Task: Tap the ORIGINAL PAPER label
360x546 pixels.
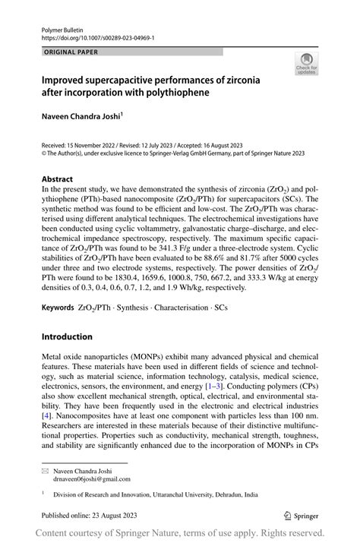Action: pos(71,52)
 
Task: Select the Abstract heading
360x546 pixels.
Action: pos(58,179)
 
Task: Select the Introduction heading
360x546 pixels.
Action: pos(67,336)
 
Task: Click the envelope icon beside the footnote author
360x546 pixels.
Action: pos(45,472)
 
